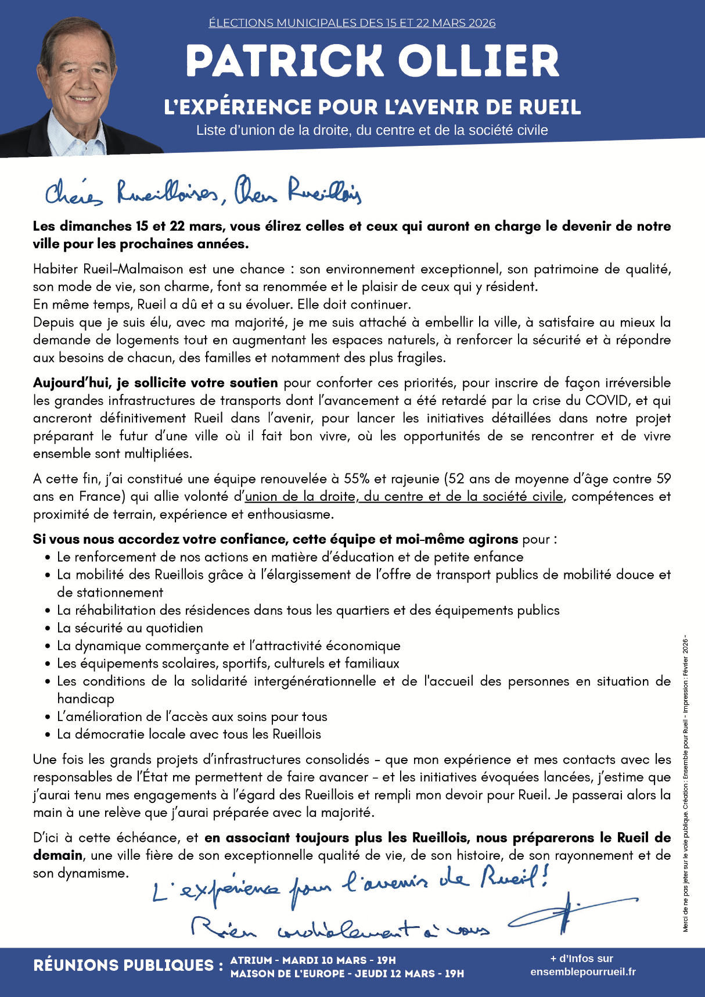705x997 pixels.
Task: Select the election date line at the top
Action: pyautogui.click(x=352, y=23)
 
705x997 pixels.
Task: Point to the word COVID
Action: pyautogui.click(x=607, y=400)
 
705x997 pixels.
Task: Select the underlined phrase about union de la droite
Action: pyautogui.click(x=404, y=497)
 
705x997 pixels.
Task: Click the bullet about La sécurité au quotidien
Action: pyautogui.click(x=130, y=628)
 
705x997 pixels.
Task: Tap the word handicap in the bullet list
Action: pyautogui.click(x=85, y=699)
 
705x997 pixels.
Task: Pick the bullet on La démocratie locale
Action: pyautogui.click(x=189, y=734)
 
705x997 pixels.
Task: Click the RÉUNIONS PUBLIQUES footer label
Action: pyautogui.click(x=128, y=966)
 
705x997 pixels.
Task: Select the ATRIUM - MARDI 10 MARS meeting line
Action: pyautogui.click(x=313, y=960)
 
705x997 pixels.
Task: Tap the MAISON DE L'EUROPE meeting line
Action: pyautogui.click(x=347, y=974)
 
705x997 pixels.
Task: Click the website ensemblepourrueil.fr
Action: pyautogui.click(x=582, y=972)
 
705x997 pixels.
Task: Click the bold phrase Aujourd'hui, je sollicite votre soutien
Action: pyautogui.click(x=156, y=383)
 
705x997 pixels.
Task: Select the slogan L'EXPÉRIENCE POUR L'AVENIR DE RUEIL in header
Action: pyautogui.click(x=372, y=107)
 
